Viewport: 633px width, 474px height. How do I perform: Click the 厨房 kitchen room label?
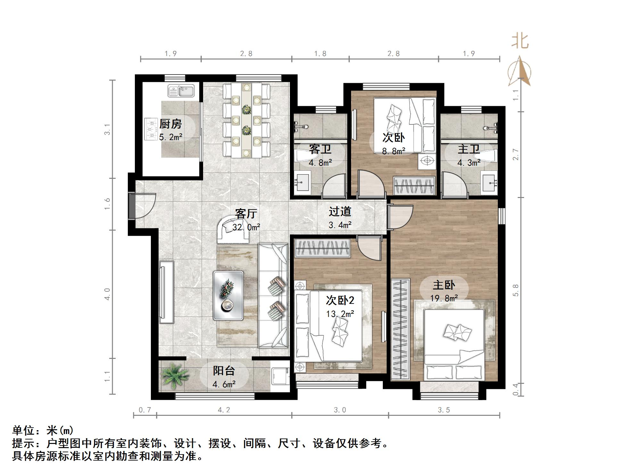click(x=170, y=124)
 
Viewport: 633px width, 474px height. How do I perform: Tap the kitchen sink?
click(x=181, y=91)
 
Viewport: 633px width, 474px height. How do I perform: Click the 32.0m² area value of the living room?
click(x=246, y=227)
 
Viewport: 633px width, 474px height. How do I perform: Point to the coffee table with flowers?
click(x=228, y=295)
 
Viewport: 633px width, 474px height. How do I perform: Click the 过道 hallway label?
click(x=340, y=211)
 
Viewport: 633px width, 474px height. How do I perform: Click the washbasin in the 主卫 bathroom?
click(x=489, y=183)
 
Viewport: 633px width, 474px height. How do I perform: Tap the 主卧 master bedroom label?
click(x=444, y=285)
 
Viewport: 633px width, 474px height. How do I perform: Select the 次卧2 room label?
click(x=340, y=300)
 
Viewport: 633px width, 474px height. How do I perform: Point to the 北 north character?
click(x=520, y=42)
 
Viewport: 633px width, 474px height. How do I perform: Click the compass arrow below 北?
click(x=520, y=71)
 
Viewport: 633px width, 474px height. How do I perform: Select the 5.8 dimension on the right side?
click(x=515, y=290)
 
